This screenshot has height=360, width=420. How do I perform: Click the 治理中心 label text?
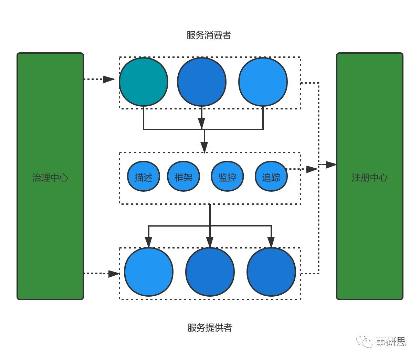pyautogui.click(x=50, y=178)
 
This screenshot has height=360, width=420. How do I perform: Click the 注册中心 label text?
pyautogui.click(x=369, y=178)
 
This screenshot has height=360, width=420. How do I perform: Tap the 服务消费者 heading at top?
pyautogui.click(x=209, y=35)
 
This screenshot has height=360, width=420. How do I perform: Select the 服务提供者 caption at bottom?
pyautogui.click(x=210, y=328)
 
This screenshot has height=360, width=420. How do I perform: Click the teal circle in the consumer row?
pyautogui.click(x=144, y=82)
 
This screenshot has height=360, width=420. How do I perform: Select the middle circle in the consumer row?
pyautogui.click(x=202, y=82)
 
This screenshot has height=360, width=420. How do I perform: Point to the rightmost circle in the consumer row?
pyautogui.click(x=263, y=82)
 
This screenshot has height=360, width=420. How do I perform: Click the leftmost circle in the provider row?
pyautogui.click(x=149, y=272)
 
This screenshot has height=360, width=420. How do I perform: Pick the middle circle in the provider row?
pyautogui.click(x=210, y=272)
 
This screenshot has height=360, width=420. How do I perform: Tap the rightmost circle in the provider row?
pyautogui.click(x=271, y=272)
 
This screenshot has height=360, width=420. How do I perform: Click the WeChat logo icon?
pyautogui.click(x=365, y=341)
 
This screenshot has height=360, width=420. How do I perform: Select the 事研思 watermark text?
pyautogui.click(x=390, y=341)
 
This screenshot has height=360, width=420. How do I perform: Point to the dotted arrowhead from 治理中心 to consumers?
pyautogui.click(x=109, y=80)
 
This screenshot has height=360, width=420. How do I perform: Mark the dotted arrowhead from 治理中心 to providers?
pyautogui.click(x=114, y=274)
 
